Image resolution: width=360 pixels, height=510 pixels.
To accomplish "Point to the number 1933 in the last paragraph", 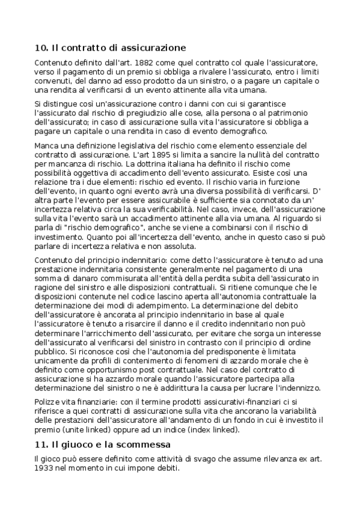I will tap(46, 469).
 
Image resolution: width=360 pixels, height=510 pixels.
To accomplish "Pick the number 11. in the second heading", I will tap(41, 445).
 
